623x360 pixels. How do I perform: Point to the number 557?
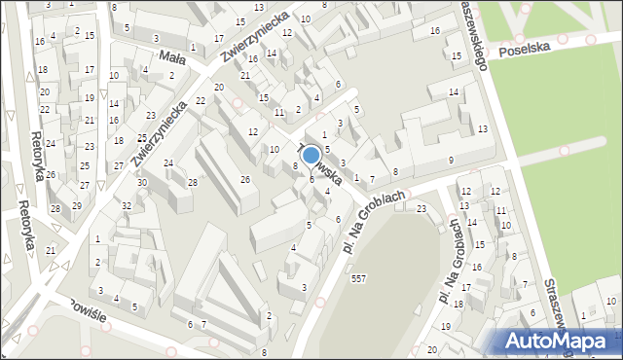(x=358, y=280)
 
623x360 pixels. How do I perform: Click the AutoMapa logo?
(x=559, y=340)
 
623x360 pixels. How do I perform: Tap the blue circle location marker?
(x=311, y=155)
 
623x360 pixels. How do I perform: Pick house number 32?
(x=127, y=205)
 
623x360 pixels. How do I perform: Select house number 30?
(x=142, y=183)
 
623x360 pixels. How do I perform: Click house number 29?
(x=77, y=205)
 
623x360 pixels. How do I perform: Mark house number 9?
(x=451, y=160)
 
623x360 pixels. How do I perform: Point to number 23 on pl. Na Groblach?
(x=421, y=208)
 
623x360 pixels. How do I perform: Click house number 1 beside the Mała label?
(x=194, y=48)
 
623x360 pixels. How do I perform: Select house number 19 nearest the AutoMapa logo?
(x=446, y=326)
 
